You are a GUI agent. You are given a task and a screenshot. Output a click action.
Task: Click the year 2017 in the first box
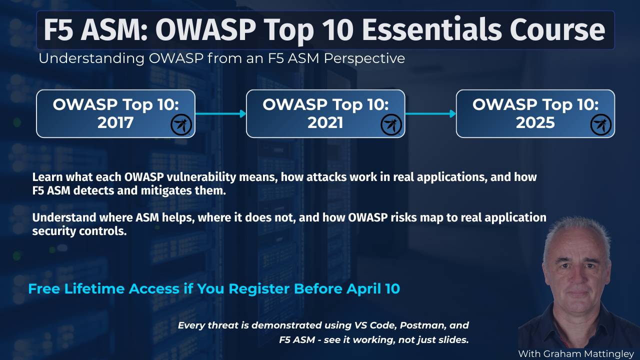click(x=115, y=123)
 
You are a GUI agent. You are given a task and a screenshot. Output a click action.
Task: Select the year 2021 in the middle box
click(x=325, y=123)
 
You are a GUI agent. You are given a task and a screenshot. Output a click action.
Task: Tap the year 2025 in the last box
click(x=535, y=123)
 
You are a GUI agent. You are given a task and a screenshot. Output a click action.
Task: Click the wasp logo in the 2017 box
click(x=181, y=124)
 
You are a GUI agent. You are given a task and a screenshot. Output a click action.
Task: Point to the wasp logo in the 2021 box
click(x=391, y=124)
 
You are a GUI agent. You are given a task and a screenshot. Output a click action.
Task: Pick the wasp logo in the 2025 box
click(x=601, y=124)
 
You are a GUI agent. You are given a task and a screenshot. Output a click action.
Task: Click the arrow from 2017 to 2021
click(x=220, y=113)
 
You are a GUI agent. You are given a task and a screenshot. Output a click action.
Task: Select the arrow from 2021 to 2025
click(x=430, y=113)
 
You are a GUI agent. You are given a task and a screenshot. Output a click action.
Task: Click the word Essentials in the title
click(x=431, y=29)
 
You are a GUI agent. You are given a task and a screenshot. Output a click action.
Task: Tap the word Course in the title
click(x=557, y=29)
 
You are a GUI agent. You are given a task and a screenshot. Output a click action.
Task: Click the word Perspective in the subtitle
click(x=364, y=59)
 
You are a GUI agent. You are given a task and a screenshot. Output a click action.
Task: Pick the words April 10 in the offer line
click(x=373, y=289)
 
